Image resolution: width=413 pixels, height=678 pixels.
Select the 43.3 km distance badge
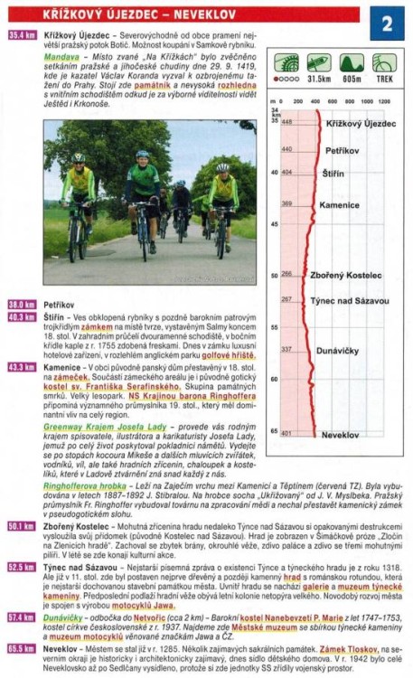(x=20, y=367)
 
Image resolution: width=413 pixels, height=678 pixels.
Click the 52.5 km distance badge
(x=20, y=567)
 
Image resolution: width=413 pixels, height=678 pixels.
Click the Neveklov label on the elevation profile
(x=340, y=435)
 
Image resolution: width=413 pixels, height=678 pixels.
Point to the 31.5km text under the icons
(x=317, y=78)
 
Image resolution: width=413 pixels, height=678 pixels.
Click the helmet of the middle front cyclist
(x=142, y=155)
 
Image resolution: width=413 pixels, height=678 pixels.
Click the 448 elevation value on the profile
(x=286, y=122)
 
